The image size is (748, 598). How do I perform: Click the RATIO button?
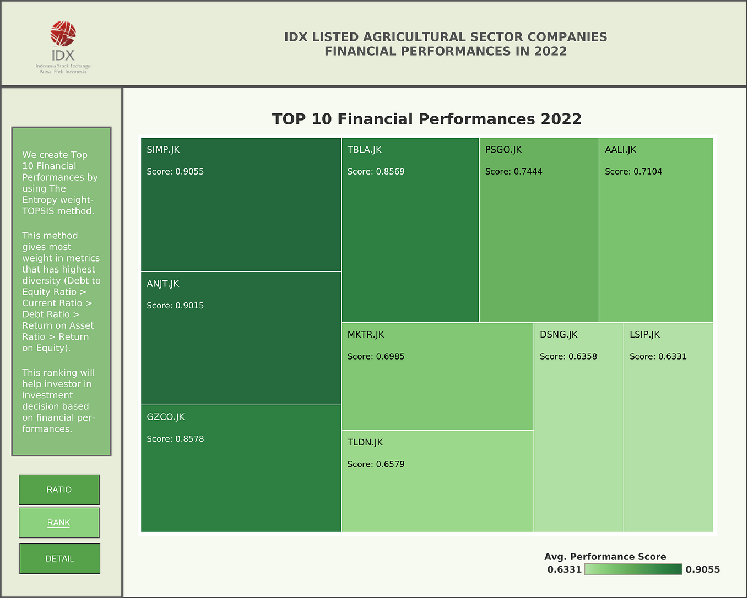click(59, 490)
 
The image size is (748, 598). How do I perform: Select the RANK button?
click(59, 523)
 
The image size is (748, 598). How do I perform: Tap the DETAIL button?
click(60, 558)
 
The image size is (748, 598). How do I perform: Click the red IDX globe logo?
click(63, 34)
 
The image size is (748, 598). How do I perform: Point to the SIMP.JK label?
click(163, 150)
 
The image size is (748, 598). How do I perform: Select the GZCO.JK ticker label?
click(165, 417)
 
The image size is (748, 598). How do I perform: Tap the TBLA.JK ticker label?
click(364, 150)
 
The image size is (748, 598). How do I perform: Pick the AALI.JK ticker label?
click(620, 150)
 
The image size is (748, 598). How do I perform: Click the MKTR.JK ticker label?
click(366, 335)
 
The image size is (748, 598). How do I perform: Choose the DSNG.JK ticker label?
click(558, 335)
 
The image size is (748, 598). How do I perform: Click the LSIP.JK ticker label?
click(644, 335)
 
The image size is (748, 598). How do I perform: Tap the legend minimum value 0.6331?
click(564, 569)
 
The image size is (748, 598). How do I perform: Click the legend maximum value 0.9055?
click(702, 569)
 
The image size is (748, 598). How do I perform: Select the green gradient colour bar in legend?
click(633, 569)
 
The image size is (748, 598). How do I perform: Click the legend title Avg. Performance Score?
click(605, 557)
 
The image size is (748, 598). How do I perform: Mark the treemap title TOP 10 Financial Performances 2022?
click(426, 119)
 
